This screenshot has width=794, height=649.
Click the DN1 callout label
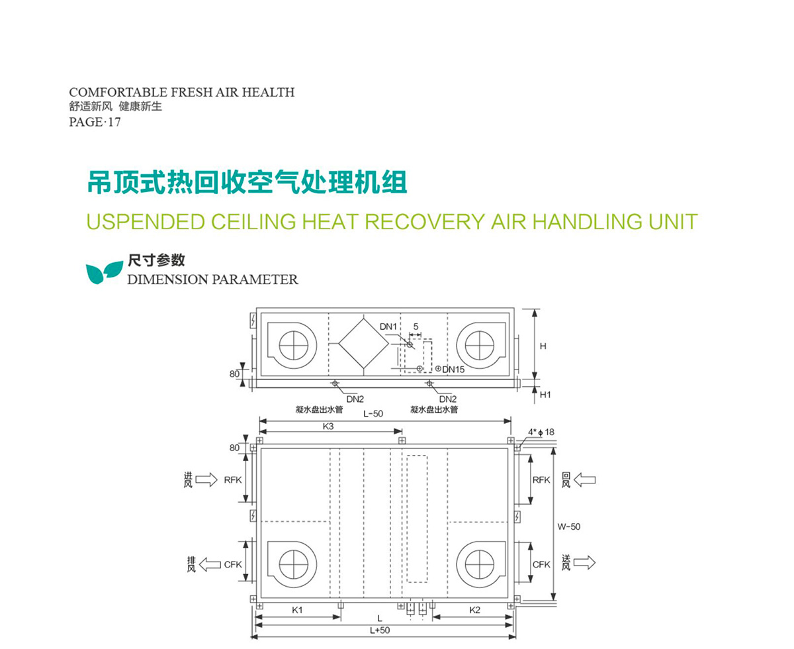(388, 326)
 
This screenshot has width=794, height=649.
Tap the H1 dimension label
(545, 395)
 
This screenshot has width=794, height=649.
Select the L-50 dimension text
(373, 414)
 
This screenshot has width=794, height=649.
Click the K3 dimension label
(328, 426)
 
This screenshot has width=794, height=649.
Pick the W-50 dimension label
(568, 527)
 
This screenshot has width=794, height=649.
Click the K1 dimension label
(297, 610)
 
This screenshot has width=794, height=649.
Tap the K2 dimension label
(474, 610)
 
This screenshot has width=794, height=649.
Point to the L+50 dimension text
(380, 630)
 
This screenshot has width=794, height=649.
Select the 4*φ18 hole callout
(541, 432)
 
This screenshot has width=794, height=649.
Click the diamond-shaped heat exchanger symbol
(363, 344)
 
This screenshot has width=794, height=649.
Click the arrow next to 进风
(206, 480)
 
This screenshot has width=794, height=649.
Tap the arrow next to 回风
(585, 480)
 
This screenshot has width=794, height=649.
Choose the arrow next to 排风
(210, 564)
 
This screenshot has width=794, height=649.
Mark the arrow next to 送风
(584, 563)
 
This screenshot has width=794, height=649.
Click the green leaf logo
(105, 272)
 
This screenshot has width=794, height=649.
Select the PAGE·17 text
(95, 123)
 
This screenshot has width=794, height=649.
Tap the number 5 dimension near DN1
(416, 327)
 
